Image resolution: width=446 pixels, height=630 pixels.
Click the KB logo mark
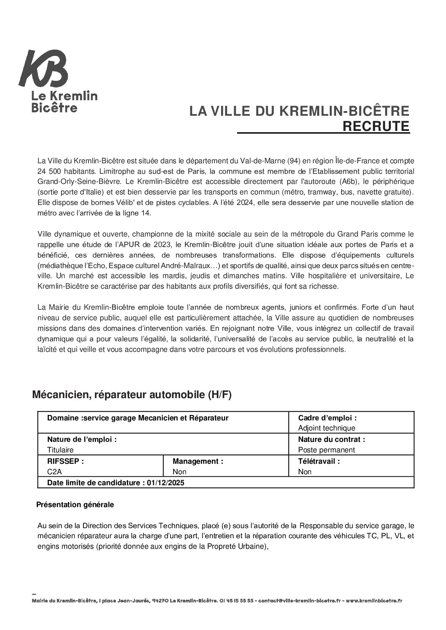point(43,69)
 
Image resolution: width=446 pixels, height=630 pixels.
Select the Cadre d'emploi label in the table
point(327,418)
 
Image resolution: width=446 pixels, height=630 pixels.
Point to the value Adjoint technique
point(326,428)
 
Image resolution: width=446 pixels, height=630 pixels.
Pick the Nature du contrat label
point(331,439)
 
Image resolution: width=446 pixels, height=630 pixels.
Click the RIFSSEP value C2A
point(54,472)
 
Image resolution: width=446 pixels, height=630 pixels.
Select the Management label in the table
point(198,461)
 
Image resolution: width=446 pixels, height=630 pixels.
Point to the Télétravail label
point(319,461)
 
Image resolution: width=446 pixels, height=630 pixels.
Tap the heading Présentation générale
point(75,505)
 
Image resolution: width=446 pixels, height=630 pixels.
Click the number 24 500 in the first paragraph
point(49,172)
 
